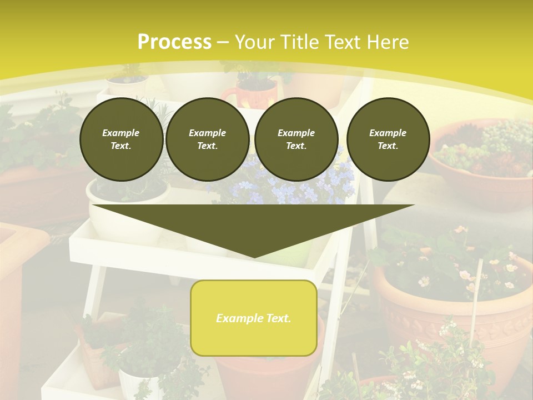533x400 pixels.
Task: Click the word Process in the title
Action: click(x=174, y=42)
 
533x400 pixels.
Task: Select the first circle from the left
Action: click(x=121, y=139)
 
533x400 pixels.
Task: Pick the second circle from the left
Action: click(x=208, y=139)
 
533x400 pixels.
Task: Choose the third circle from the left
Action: click(x=296, y=139)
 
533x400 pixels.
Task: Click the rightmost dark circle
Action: click(x=388, y=139)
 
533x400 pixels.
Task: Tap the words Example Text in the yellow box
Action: click(x=254, y=318)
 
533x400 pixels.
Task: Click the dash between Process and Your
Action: click(x=223, y=42)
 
